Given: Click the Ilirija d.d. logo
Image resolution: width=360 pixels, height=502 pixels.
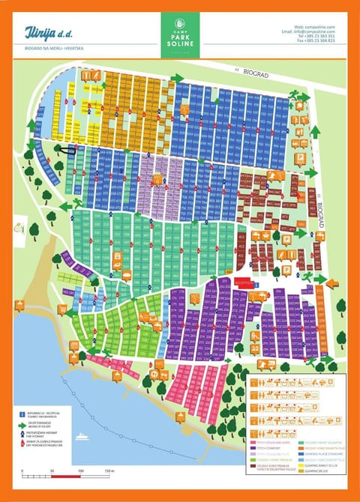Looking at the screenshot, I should [x=47, y=34].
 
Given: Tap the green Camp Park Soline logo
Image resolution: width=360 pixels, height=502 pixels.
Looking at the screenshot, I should [x=180, y=34].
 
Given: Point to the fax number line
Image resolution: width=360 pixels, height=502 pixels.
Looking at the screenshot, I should [x=316, y=41].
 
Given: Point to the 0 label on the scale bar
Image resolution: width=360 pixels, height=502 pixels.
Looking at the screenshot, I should [x=22, y=471].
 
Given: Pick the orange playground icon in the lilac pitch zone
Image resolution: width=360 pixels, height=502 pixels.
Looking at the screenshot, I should [x=157, y=179].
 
